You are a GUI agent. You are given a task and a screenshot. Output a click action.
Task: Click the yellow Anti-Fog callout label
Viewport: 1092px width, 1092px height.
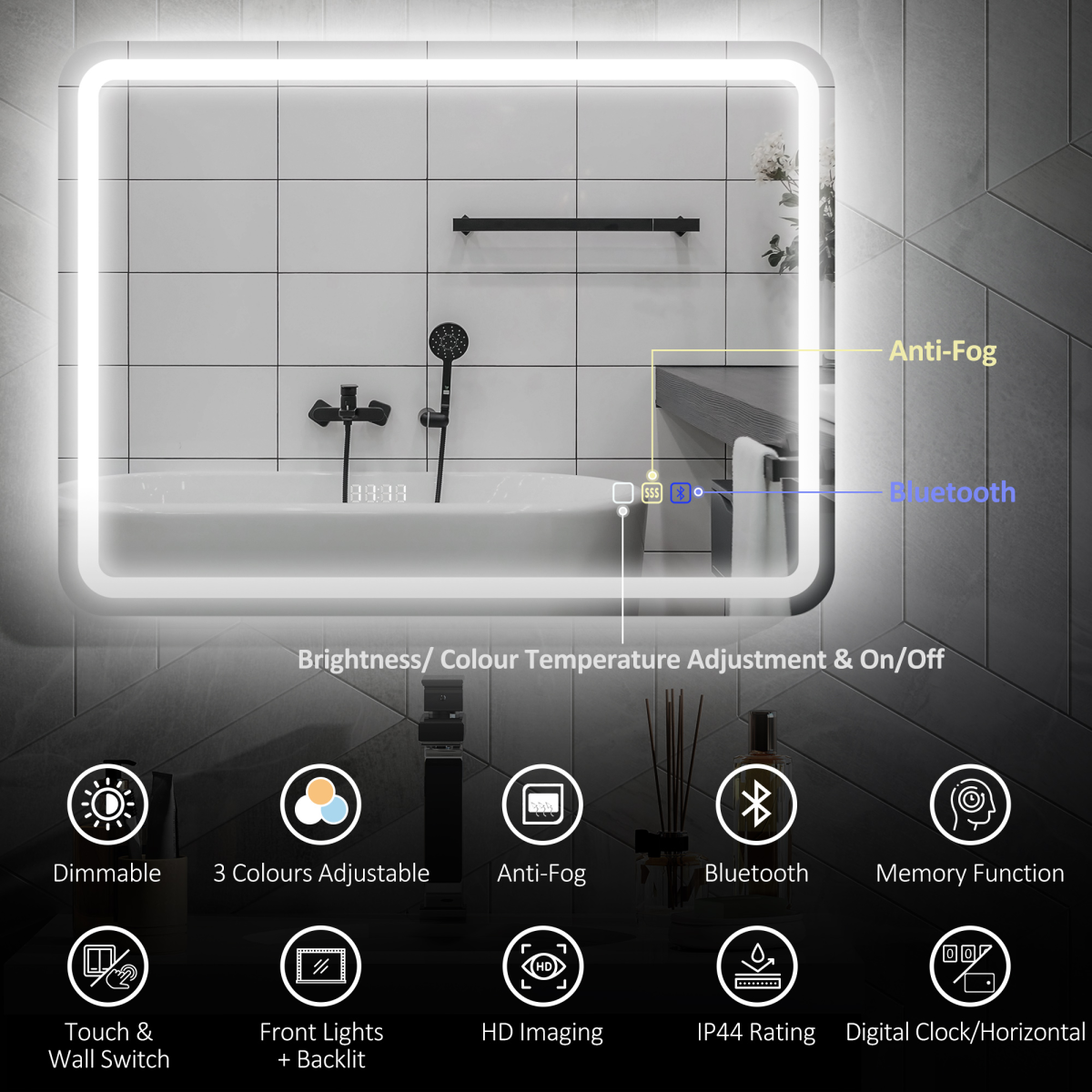(x=943, y=351)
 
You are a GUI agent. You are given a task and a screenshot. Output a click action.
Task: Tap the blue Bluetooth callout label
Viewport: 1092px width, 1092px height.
(x=952, y=492)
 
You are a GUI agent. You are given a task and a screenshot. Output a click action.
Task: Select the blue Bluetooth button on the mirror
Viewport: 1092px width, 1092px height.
(x=681, y=492)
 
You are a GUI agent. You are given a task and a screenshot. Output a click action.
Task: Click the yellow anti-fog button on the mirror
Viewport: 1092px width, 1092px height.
(x=652, y=492)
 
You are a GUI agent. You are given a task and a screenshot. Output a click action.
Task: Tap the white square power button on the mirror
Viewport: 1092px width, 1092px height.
(x=622, y=492)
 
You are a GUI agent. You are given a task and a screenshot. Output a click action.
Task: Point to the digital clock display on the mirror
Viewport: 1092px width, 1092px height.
(x=378, y=493)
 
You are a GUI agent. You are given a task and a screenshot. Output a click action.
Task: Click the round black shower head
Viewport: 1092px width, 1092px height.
(x=449, y=343)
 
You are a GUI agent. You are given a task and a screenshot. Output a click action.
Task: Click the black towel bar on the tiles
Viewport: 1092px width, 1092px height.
(x=576, y=225)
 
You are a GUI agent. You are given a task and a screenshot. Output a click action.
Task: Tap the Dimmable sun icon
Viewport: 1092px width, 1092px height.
(x=107, y=804)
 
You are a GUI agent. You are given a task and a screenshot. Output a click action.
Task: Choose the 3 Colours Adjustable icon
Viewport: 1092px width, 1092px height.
(x=320, y=804)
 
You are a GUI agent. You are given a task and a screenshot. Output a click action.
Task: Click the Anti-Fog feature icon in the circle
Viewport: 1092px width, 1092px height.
(x=542, y=804)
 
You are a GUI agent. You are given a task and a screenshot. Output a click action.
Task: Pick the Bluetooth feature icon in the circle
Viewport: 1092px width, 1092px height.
(x=756, y=804)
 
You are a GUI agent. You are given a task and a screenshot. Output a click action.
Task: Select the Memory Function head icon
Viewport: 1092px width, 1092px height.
(x=970, y=804)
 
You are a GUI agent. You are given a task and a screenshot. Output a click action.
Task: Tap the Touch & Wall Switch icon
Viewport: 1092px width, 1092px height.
(x=107, y=966)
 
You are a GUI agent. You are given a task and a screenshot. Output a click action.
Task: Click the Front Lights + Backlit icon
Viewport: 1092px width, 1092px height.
(x=320, y=966)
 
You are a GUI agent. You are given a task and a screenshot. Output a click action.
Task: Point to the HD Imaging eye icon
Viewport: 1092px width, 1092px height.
(x=542, y=966)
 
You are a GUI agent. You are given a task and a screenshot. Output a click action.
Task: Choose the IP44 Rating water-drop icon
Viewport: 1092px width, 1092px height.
(x=756, y=966)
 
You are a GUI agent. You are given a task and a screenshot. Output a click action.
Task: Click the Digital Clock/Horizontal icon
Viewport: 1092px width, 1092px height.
(x=970, y=966)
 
